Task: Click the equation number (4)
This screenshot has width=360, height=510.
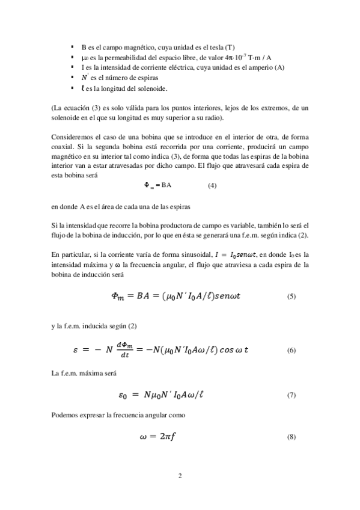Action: [x=212, y=186]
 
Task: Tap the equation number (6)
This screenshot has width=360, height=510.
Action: [x=291, y=349]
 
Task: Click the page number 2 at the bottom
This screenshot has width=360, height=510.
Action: [x=180, y=476]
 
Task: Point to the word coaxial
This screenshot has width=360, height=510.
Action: [x=65, y=146]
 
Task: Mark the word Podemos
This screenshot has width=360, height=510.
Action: [x=65, y=416]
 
